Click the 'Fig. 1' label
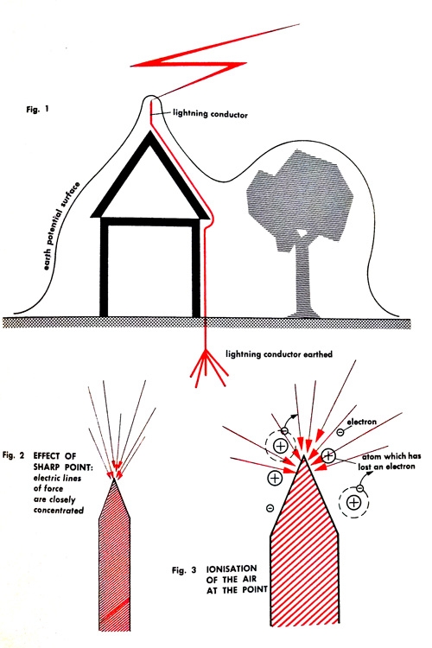click(x=37, y=110)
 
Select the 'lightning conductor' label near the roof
click(x=210, y=113)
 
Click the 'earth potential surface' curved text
click(x=61, y=226)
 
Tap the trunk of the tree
click(x=305, y=281)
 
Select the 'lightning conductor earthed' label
click(x=278, y=354)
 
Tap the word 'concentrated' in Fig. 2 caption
click(x=58, y=510)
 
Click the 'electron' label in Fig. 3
click(x=361, y=422)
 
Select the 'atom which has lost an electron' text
click(x=390, y=461)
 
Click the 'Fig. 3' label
click(x=184, y=570)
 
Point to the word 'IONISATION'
click(x=232, y=569)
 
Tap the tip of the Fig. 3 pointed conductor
click(x=304, y=456)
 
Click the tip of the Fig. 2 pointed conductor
click(x=115, y=480)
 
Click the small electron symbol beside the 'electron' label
click(x=340, y=432)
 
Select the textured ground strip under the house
click(x=206, y=323)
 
